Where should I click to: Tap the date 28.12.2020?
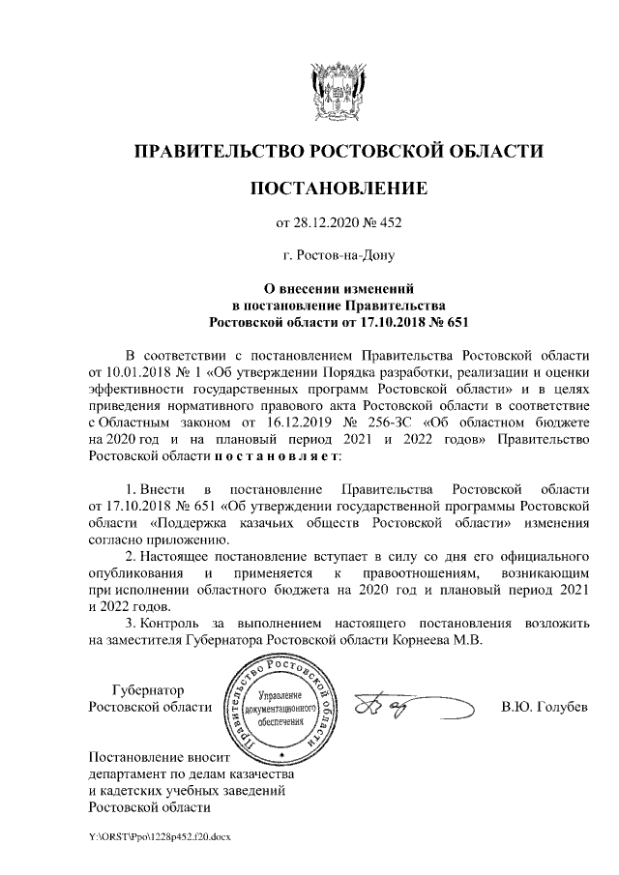pos(327,224)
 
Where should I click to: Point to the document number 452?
pos(389,224)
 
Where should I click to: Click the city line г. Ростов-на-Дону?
pos(339,256)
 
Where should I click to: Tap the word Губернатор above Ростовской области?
pos(147,690)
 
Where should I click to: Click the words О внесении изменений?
pos(339,287)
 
